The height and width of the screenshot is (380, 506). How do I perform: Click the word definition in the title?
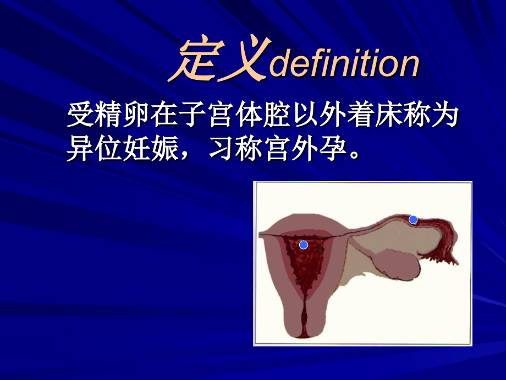[345, 65]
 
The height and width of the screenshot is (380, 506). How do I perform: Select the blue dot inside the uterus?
[303, 245]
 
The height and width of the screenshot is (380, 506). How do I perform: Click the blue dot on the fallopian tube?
[413, 220]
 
